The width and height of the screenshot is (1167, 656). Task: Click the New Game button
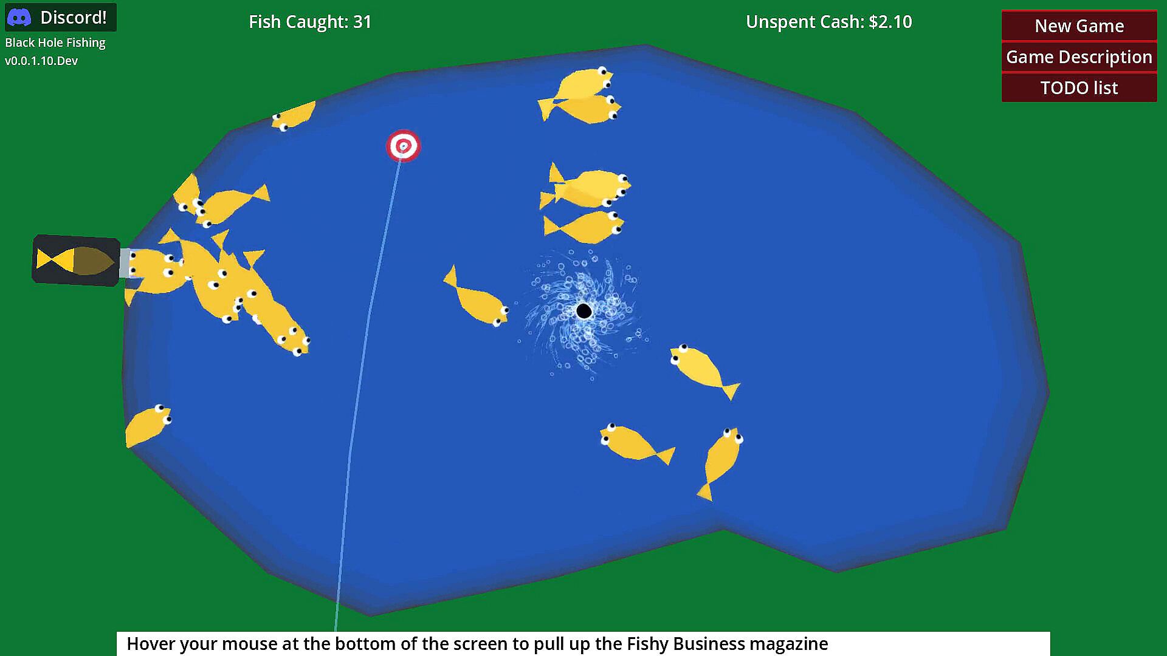coord(1079,26)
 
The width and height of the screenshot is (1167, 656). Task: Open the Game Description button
coord(1079,57)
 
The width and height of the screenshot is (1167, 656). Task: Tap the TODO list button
coord(1079,87)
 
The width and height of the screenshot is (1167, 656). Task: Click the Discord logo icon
coord(19,18)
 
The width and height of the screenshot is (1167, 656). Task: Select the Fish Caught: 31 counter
coord(310,22)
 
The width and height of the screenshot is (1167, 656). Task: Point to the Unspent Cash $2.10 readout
coord(829,22)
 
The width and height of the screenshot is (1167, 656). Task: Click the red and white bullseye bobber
coord(403,146)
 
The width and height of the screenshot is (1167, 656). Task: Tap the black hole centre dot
coord(583,311)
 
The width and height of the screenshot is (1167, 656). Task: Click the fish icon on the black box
coord(75,260)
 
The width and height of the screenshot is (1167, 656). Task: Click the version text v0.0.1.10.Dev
coord(41,61)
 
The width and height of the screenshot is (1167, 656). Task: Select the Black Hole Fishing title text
coord(55,43)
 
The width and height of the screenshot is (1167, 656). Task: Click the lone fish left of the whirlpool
coord(475,297)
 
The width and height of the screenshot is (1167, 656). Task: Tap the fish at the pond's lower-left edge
coord(148,425)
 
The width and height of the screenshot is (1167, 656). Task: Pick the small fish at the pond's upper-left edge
coord(294,115)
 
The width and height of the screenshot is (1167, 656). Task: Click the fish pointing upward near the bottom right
coord(720,463)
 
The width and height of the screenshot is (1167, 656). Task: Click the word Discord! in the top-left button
coord(74,18)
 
